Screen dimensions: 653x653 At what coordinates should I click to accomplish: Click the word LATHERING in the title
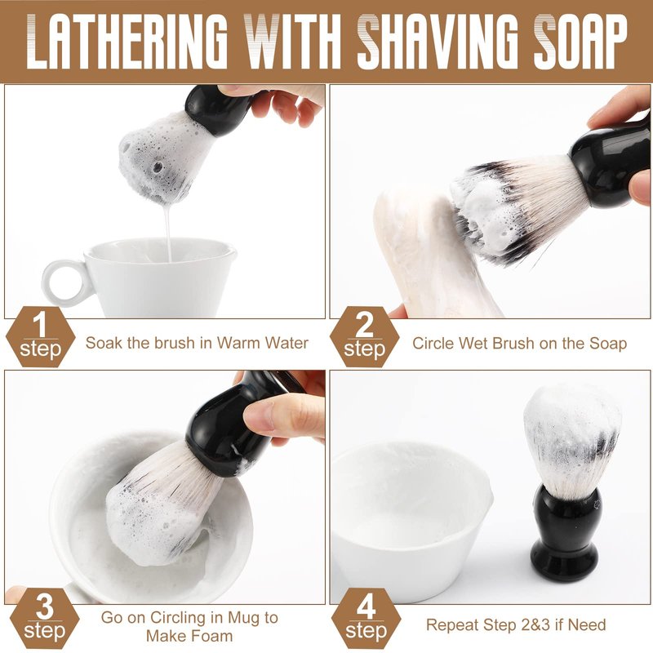point(127,42)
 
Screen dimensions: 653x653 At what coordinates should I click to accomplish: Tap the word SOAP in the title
point(580,42)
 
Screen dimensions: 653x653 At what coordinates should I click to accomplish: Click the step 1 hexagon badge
point(40,336)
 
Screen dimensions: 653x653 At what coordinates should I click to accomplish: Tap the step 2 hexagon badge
point(364,336)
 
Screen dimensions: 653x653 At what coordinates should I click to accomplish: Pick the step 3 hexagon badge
point(44,618)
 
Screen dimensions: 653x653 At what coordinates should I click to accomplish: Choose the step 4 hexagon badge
point(366,618)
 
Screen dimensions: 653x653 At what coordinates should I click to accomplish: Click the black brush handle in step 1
point(216,109)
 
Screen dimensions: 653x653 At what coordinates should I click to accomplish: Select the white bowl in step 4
point(411,521)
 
